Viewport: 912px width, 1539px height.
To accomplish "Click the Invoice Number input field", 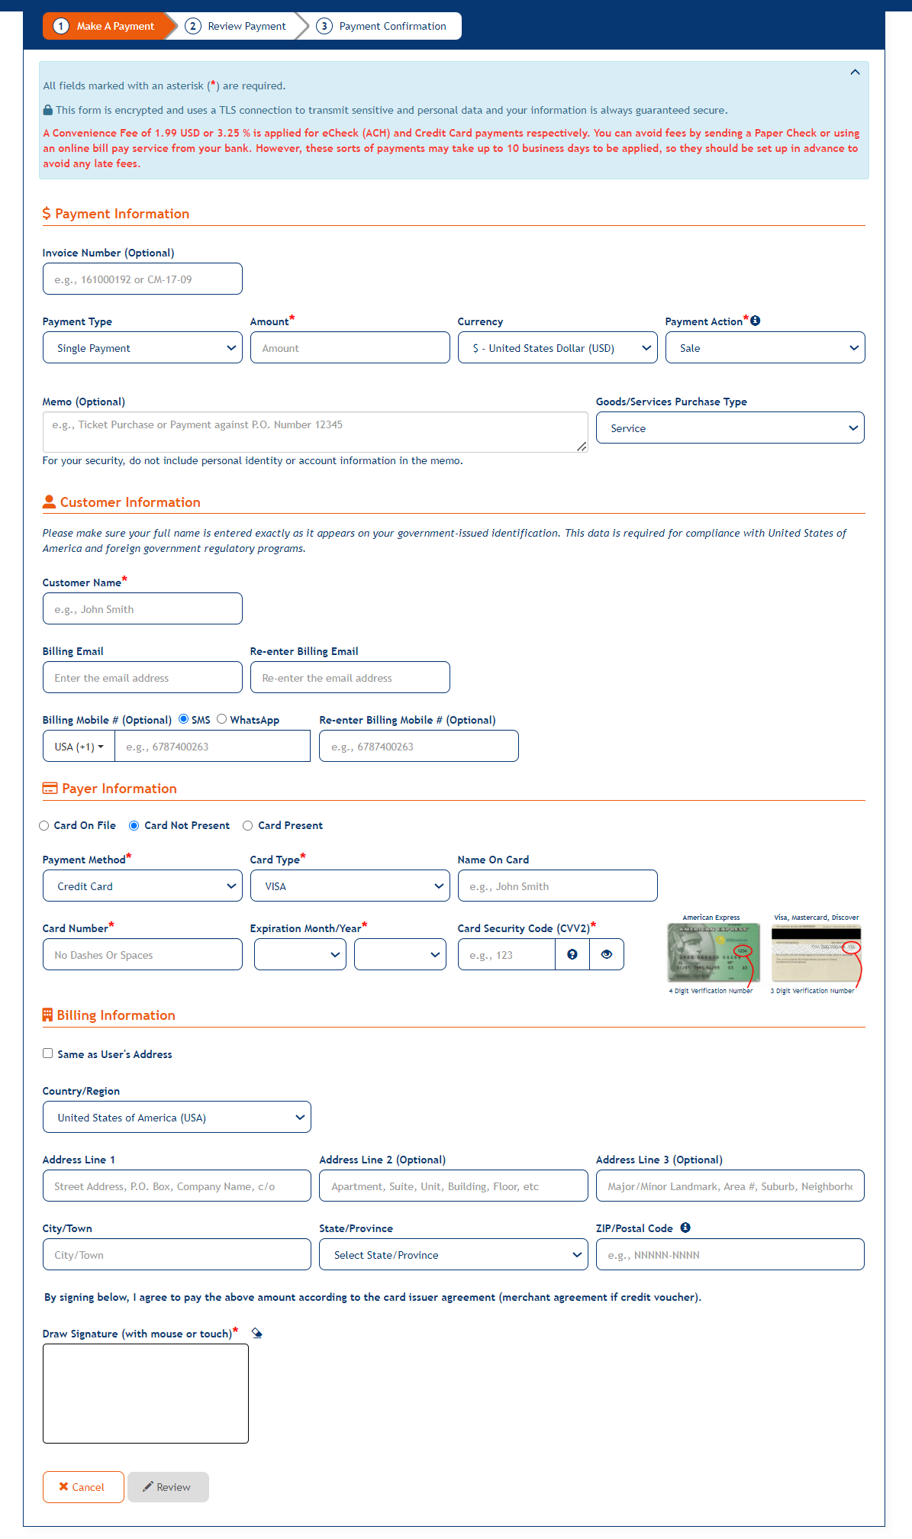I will click(x=143, y=279).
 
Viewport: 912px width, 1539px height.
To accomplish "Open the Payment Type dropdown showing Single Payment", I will click(x=143, y=348).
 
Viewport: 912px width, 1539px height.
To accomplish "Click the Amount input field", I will click(x=350, y=348).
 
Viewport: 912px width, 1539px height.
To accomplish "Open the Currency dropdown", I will click(x=557, y=348).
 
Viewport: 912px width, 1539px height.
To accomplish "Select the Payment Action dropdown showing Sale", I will click(x=765, y=348).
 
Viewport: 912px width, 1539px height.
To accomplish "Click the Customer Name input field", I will click(x=143, y=609).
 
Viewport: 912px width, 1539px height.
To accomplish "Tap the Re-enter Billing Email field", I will click(x=350, y=678).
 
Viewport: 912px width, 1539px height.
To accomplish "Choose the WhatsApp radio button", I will click(x=222, y=719).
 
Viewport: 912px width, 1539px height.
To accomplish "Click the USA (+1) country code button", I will click(x=79, y=747).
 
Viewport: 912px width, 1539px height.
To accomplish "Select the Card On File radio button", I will click(x=44, y=826).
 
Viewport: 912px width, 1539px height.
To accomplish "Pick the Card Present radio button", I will click(x=248, y=826).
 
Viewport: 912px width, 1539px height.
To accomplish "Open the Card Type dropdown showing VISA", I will click(x=350, y=886).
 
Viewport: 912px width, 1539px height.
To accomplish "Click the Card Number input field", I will click(x=143, y=955).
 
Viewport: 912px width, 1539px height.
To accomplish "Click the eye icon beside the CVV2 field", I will click(x=607, y=955).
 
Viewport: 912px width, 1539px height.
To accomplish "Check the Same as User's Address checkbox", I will click(x=48, y=1053).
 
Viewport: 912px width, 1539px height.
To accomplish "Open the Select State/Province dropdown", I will click(x=453, y=1255).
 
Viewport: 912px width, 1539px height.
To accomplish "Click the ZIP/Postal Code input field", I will click(x=730, y=1255).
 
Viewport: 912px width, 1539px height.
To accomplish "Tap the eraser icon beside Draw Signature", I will click(x=257, y=1334).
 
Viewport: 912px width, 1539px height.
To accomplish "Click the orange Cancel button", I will click(x=83, y=1487).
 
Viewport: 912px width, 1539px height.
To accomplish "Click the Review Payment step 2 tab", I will click(x=237, y=26).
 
